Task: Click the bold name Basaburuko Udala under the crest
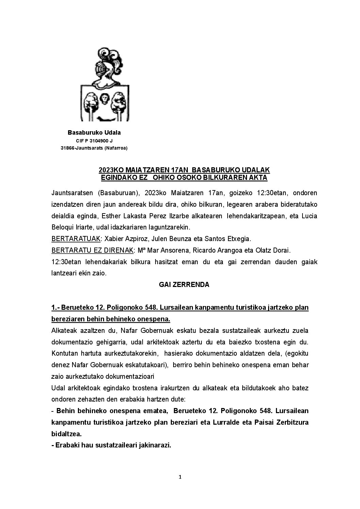[x=94, y=133]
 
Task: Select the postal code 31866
[x=67, y=148]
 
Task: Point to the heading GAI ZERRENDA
[x=184, y=285]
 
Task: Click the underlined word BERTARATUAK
[x=76, y=239]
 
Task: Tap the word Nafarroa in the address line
[x=115, y=148]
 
